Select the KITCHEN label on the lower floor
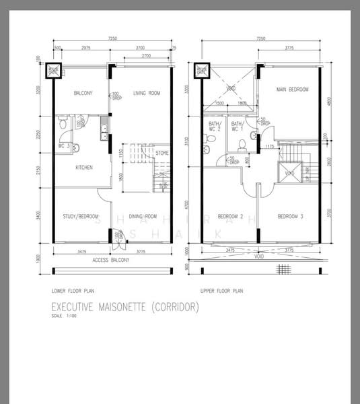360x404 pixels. (x=83, y=168)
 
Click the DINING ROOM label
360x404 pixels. (x=143, y=217)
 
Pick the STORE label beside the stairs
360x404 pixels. (x=161, y=154)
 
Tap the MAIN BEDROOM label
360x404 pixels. (x=293, y=89)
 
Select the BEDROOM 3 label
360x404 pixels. (x=291, y=217)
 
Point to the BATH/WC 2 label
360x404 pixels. (x=215, y=127)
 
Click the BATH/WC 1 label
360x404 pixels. (x=237, y=127)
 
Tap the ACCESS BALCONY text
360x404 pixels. (x=110, y=260)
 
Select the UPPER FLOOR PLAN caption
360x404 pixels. (x=221, y=292)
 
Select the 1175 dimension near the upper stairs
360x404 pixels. (x=268, y=146)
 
